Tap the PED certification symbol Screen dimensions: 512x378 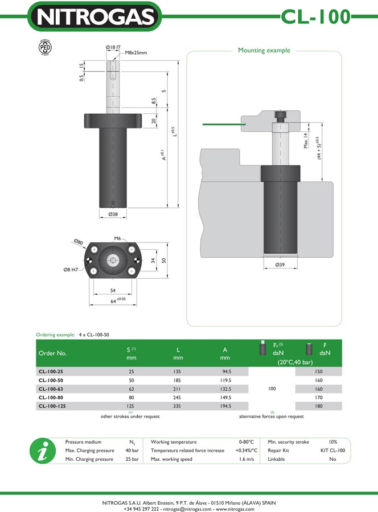[x=44, y=47]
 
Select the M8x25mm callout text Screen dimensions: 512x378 [x=136, y=53]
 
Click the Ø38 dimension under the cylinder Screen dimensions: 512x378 [x=113, y=214]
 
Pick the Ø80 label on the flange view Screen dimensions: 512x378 [x=78, y=242]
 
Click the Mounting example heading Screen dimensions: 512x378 [x=264, y=50]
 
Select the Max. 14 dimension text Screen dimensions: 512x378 [x=305, y=139]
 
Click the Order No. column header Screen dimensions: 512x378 [x=52, y=353]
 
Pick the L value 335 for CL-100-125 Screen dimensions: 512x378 [x=178, y=406]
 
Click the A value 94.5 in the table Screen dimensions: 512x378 [x=225, y=371]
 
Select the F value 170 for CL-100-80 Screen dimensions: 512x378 [x=318, y=398]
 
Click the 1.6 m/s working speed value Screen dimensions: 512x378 [x=246, y=459]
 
